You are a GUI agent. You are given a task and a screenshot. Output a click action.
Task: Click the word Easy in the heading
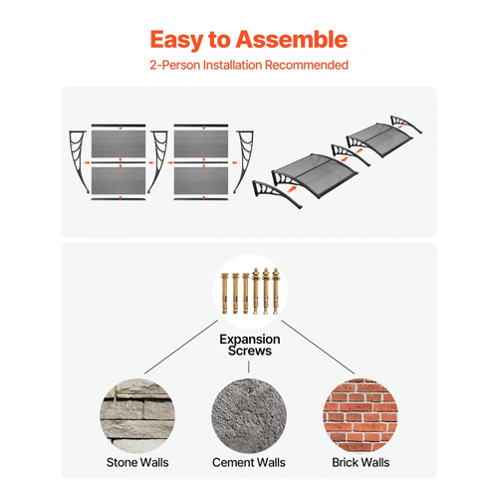(x=176, y=40)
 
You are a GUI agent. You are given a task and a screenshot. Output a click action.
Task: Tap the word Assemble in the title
(x=292, y=39)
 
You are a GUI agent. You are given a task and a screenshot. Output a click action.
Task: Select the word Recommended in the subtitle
(x=307, y=65)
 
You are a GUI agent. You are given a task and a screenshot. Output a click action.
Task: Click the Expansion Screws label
(x=250, y=345)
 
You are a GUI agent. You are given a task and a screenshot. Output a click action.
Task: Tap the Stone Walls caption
(x=137, y=462)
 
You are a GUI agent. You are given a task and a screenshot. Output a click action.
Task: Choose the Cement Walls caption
(x=249, y=462)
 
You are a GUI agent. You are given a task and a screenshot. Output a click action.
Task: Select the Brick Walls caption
(x=361, y=462)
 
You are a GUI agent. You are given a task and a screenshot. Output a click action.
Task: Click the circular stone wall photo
(x=137, y=415)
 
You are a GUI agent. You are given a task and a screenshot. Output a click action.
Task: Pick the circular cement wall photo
(x=249, y=415)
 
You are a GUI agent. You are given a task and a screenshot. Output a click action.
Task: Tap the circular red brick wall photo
(x=361, y=415)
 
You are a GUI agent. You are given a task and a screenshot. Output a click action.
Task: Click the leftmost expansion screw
(x=225, y=293)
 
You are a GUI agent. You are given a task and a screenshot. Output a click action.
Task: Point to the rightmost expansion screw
(x=276, y=291)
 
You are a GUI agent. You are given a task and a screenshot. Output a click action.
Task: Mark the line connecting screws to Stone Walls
(x=181, y=347)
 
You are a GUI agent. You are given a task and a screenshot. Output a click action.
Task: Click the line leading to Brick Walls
(x=318, y=347)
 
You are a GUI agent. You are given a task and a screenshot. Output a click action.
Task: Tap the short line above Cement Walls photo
(x=249, y=367)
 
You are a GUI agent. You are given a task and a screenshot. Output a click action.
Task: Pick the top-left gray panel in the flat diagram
(x=119, y=143)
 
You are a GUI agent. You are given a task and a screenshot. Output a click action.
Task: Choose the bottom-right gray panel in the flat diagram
(x=201, y=180)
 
